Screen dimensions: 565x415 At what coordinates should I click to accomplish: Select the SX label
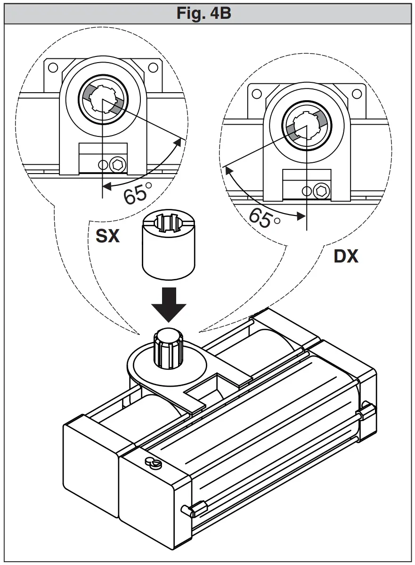pyautogui.click(x=107, y=236)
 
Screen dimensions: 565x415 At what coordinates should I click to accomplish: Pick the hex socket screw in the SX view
pyautogui.click(x=118, y=164)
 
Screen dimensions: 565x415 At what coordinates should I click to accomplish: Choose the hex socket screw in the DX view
pyautogui.click(x=322, y=191)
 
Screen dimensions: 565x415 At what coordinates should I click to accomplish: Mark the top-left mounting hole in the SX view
pyautogui.click(x=52, y=66)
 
